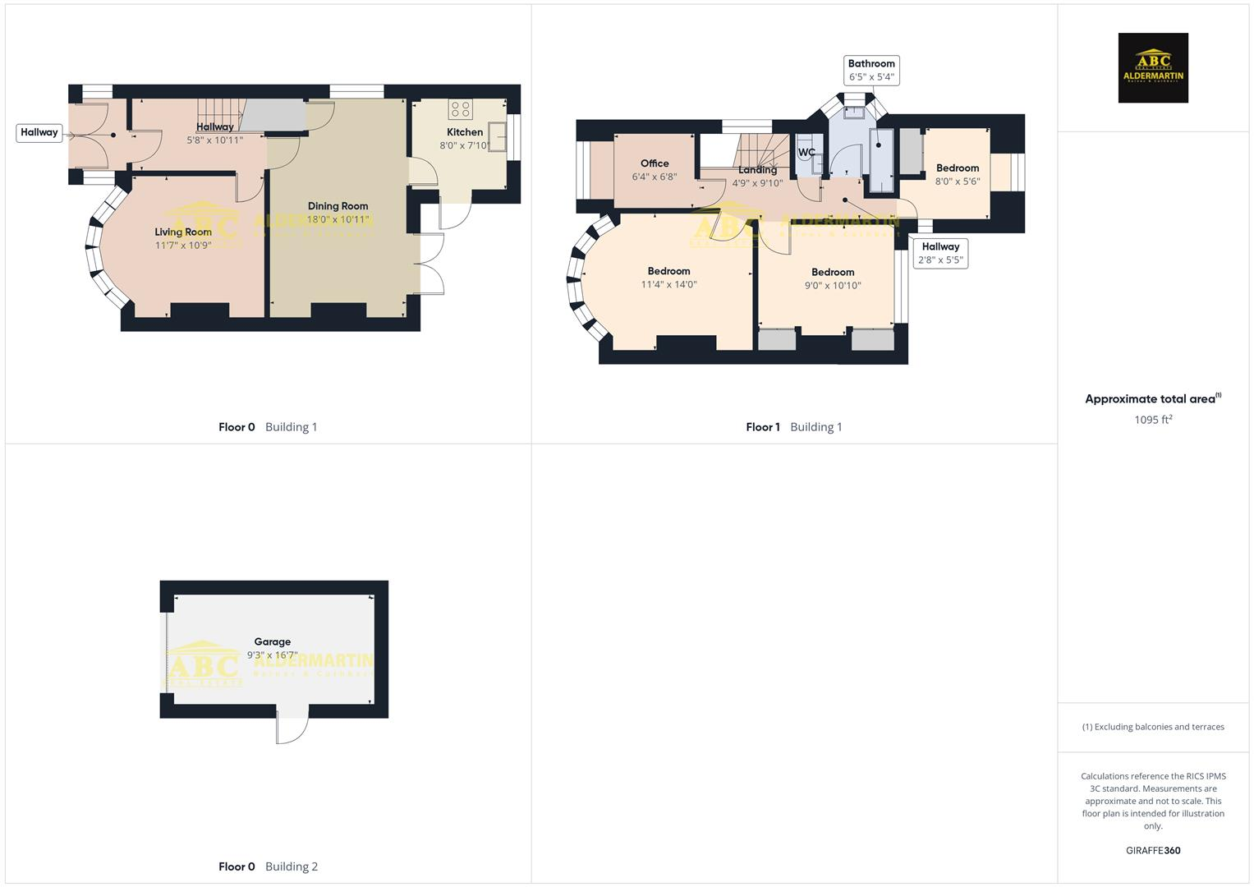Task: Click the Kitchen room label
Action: tap(465, 132)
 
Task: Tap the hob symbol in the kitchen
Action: tap(460, 109)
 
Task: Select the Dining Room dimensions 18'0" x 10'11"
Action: tap(338, 220)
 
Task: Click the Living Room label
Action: tap(183, 232)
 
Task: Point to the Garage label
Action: tap(272, 642)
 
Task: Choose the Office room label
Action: tap(655, 163)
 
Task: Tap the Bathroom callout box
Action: tap(871, 70)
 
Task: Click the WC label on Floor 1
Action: tap(806, 152)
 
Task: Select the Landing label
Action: tap(757, 171)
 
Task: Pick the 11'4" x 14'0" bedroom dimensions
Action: tap(668, 285)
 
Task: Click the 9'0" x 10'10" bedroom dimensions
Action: tap(833, 286)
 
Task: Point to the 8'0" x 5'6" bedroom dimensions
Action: tap(958, 182)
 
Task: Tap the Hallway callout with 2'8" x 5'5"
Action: tap(940, 253)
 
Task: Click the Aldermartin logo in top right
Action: tap(1153, 68)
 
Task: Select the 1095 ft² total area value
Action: tap(1153, 420)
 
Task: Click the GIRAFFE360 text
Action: tap(1153, 850)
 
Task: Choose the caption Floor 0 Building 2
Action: tap(268, 866)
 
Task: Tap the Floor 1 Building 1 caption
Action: tap(794, 427)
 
